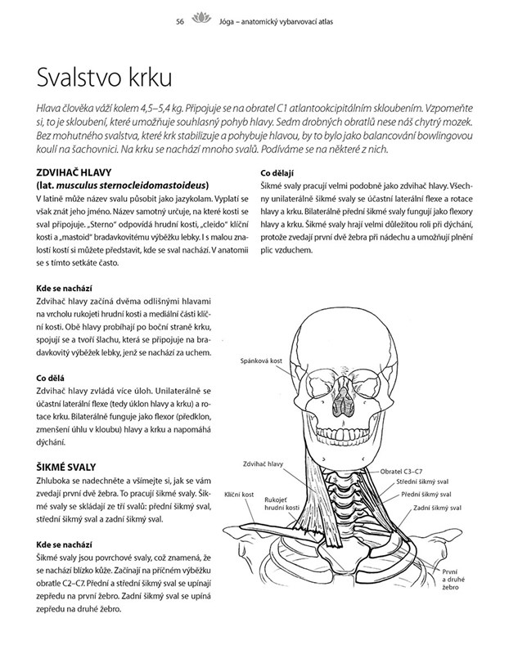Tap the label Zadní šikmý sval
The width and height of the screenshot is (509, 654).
click(x=436, y=508)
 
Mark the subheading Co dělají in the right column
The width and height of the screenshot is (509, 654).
click(x=277, y=172)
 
